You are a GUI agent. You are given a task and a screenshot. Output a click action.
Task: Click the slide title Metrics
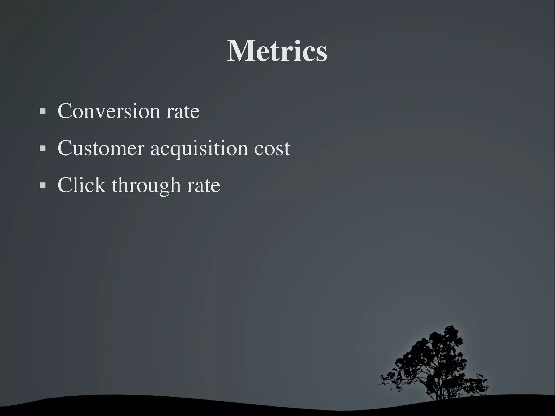(x=277, y=51)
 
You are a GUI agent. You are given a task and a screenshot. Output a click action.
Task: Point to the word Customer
(x=101, y=148)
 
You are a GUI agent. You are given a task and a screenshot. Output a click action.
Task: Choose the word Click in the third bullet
(x=81, y=185)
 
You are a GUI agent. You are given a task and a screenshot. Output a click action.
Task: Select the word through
(x=146, y=186)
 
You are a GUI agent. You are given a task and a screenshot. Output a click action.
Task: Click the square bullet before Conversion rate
(x=42, y=111)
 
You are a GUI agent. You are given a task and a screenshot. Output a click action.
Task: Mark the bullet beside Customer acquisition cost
(x=42, y=149)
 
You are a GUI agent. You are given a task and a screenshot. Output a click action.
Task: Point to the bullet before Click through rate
(x=42, y=185)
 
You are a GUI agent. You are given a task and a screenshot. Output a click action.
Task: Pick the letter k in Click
(x=99, y=185)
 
